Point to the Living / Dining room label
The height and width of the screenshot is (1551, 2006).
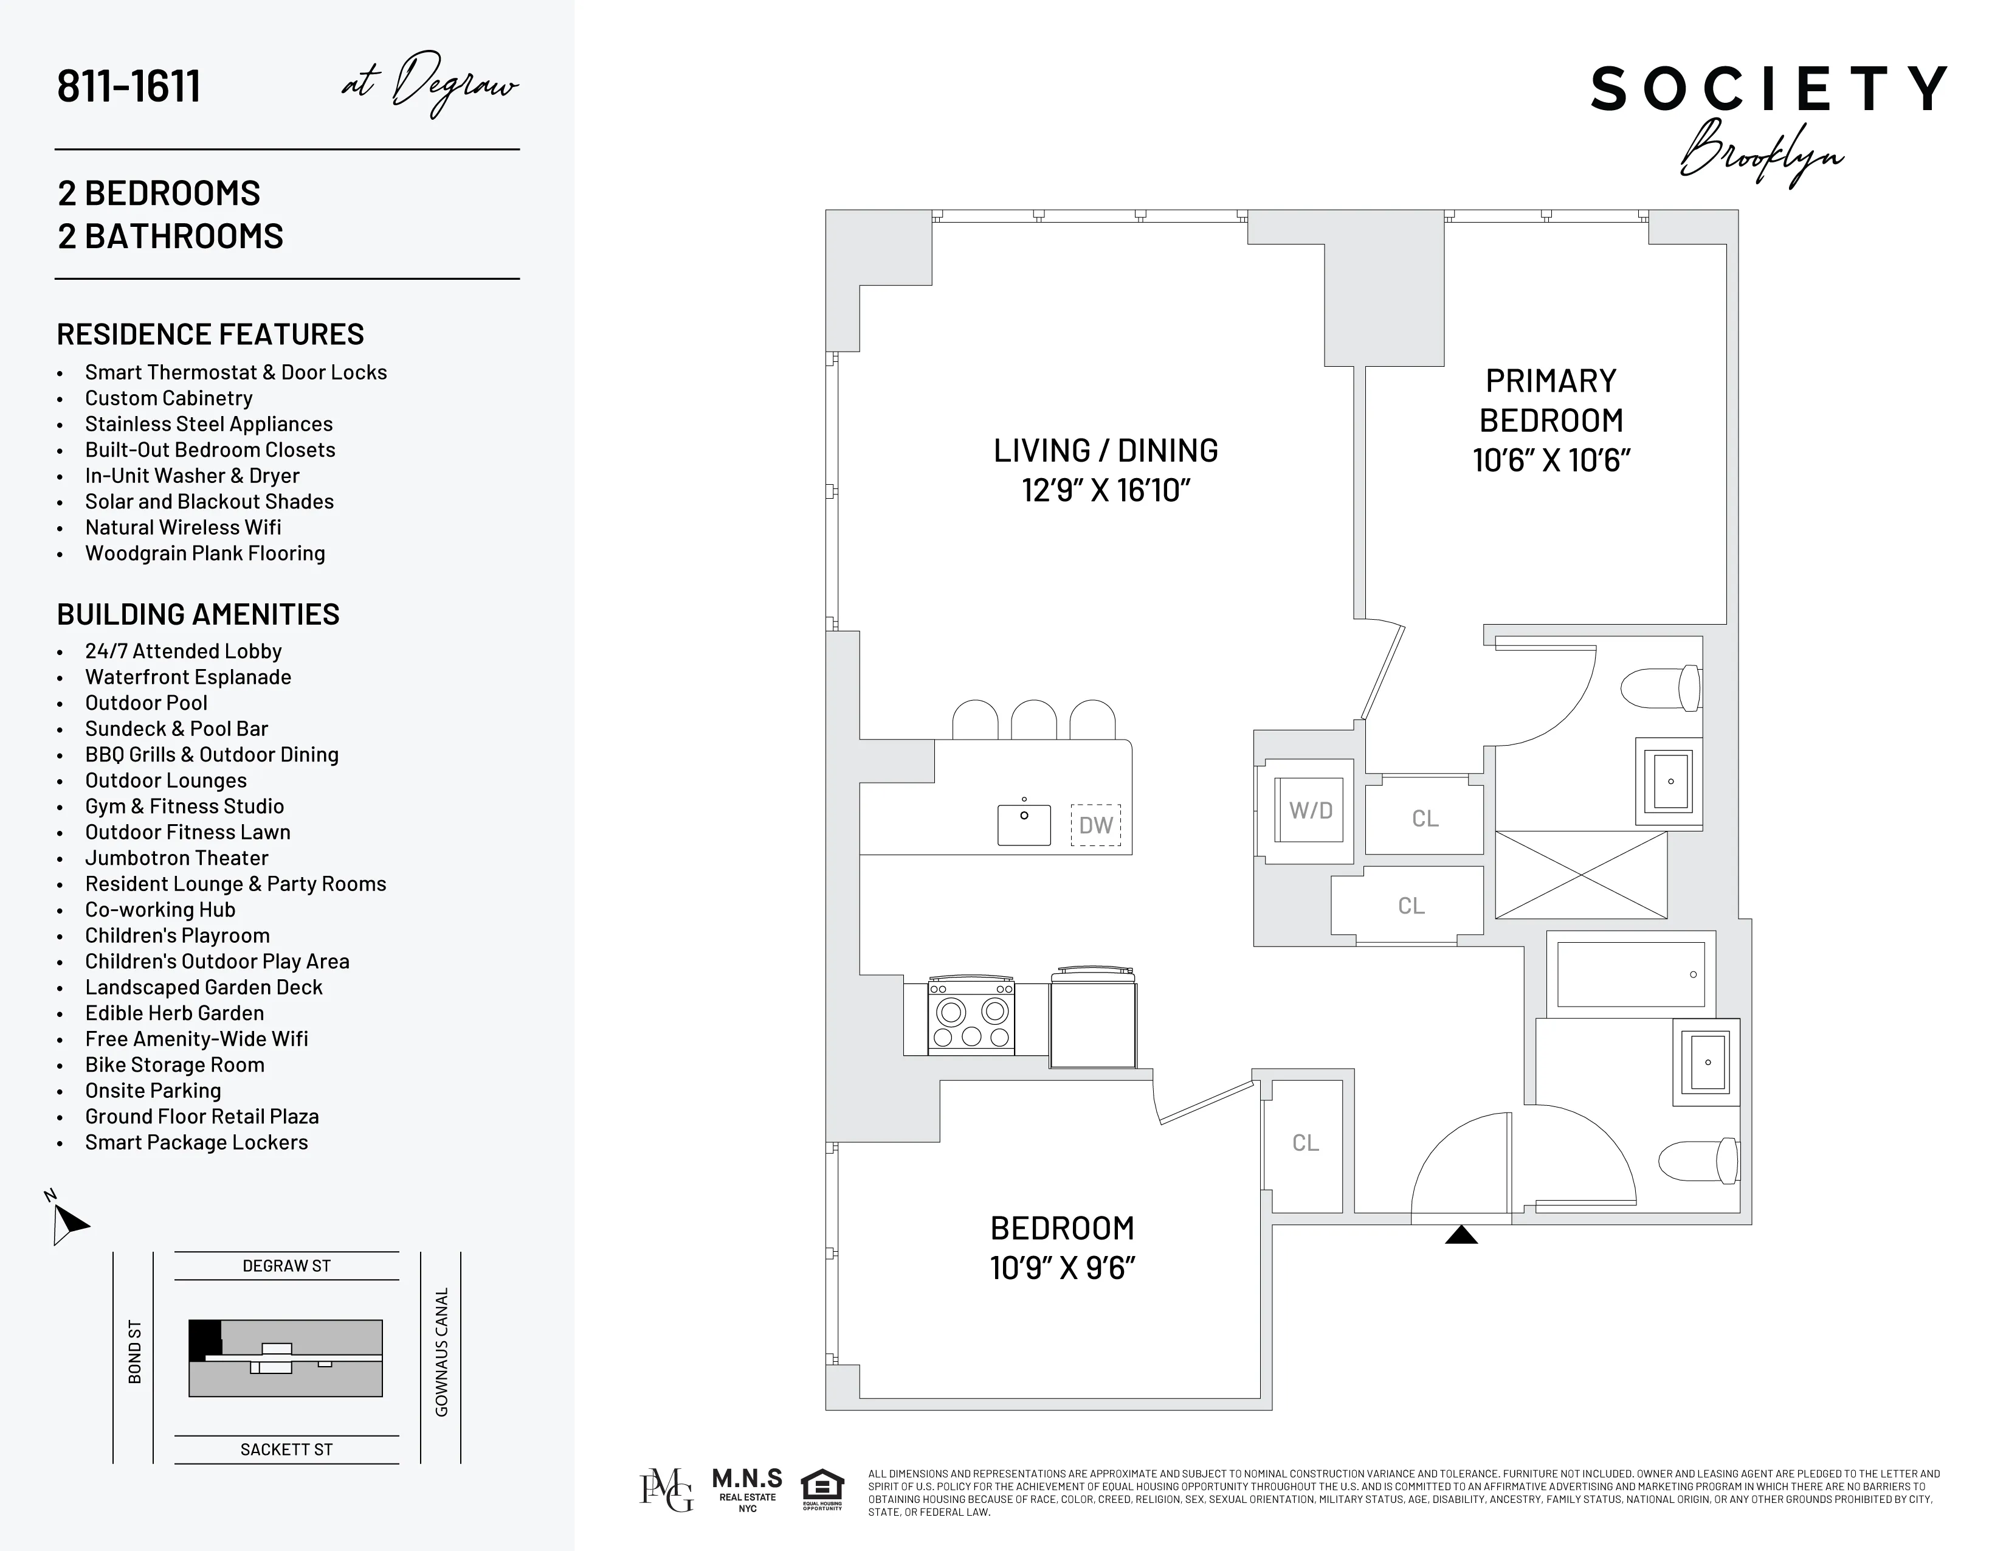[x=1106, y=450]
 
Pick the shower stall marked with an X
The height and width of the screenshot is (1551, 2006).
[x=1580, y=875]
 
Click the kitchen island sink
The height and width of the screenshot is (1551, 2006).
[x=1024, y=824]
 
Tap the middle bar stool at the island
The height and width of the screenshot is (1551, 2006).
[x=1033, y=720]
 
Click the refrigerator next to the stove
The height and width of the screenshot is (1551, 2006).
[x=1093, y=1022]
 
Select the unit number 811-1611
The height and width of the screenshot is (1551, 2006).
[x=129, y=86]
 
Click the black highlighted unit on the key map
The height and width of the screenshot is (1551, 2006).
[x=204, y=1338]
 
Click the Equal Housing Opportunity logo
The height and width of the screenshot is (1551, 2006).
[x=822, y=1490]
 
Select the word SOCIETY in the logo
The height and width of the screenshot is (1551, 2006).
[x=1769, y=89]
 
